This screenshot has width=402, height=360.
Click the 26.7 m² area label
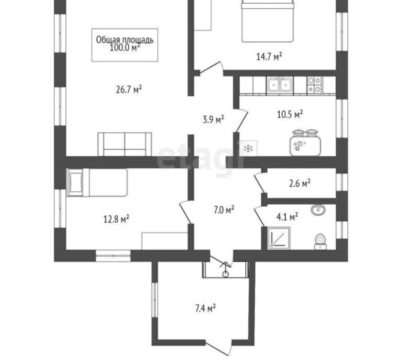coord(129,90)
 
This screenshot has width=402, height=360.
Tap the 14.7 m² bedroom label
coord(269,56)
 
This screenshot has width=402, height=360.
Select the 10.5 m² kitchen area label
coord(289,114)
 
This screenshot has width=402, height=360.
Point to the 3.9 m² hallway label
coord(213,119)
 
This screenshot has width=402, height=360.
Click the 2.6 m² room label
coord(300,183)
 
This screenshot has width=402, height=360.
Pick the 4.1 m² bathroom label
coord(287,217)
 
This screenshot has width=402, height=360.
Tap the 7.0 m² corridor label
coord(223,210)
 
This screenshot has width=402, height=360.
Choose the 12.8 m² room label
coord(116,219)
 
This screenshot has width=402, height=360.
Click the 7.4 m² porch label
coord(205,308)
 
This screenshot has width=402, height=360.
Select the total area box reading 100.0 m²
coord(124,45)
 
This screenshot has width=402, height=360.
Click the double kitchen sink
coord(280,85)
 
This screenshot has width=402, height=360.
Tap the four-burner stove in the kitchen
coord(314,85)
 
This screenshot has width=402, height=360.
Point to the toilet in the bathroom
coord(320,241)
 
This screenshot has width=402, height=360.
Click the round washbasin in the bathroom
coord(318,209)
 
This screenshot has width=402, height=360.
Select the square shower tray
coord(279,238)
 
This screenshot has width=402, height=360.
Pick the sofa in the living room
coord(124,144)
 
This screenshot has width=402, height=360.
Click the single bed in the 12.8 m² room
coord(97,182)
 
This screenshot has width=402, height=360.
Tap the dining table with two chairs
coord(305,142)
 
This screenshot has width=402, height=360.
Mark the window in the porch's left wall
coord(154,299)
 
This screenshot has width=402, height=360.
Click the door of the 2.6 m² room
coord(259,183)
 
